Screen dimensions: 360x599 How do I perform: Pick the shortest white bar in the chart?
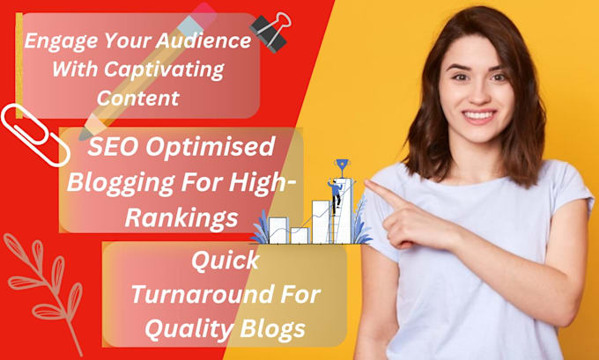(299, 235)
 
